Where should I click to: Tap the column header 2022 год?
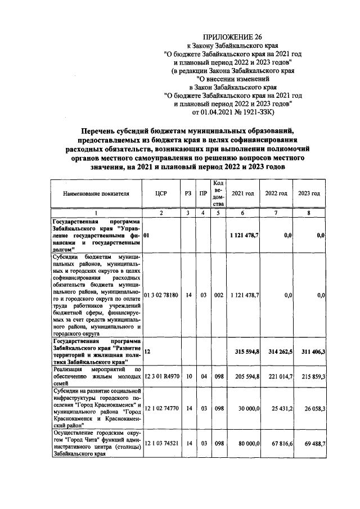pyautogui.click(x=276, y=193)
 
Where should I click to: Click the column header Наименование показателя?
pyautogui.click(x=96, y=193)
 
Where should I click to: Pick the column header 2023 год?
pyautogui.click(x=309, y=193)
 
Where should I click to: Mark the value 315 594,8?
pyautogui.click(x=244, y=351)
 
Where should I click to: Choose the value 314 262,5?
pyautogui.click(x=277, y=351)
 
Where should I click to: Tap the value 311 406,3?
pyautogui.click(x=310, y=351)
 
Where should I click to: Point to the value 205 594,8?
pyautogui.click(x=244, y=376)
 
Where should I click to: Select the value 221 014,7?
pyautogui.click(x=277, y=376)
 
